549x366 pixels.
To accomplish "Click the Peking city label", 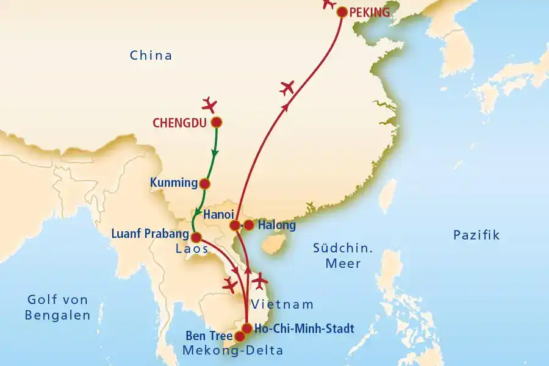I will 369,12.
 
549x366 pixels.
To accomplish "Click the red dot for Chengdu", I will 216,122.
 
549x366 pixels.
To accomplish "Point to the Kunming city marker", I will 206,183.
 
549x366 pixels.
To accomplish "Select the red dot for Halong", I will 249,225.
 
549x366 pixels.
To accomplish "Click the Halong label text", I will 276,226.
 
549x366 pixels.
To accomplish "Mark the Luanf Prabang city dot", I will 196,237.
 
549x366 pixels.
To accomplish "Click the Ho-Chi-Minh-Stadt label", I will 304,328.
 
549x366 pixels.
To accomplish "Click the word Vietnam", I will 282,304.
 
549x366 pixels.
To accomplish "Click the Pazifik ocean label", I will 476,235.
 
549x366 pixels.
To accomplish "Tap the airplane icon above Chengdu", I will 210,104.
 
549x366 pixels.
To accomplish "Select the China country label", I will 151,56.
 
